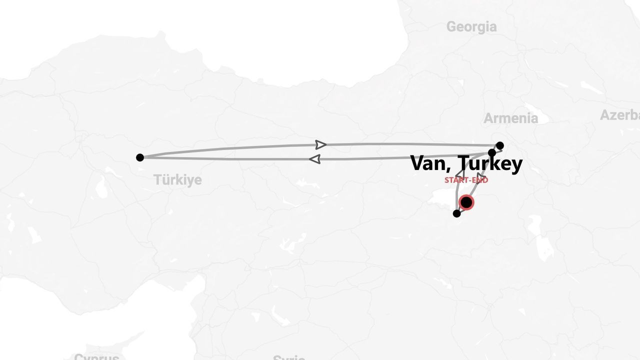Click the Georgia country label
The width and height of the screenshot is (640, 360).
coord(471,26)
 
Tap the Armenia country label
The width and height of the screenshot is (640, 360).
coord(510,118)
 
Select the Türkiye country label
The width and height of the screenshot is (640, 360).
coord(177,180)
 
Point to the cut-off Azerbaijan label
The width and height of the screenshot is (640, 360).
coord(620,115)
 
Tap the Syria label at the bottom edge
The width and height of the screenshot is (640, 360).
coord(289,357)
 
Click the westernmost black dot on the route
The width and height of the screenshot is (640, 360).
coord(140,157)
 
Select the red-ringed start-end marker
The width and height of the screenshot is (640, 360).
coord(466,202)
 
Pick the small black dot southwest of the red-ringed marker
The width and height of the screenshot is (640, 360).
coord(456,213)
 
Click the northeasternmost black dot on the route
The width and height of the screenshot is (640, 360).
coord(499,145)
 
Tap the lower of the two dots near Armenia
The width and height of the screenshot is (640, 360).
coord(492,153)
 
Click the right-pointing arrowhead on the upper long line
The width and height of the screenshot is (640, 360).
coord(321,145)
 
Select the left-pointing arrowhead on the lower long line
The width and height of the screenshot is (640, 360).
coord(314,159)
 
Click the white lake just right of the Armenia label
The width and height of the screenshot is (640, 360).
coord(543,119)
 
